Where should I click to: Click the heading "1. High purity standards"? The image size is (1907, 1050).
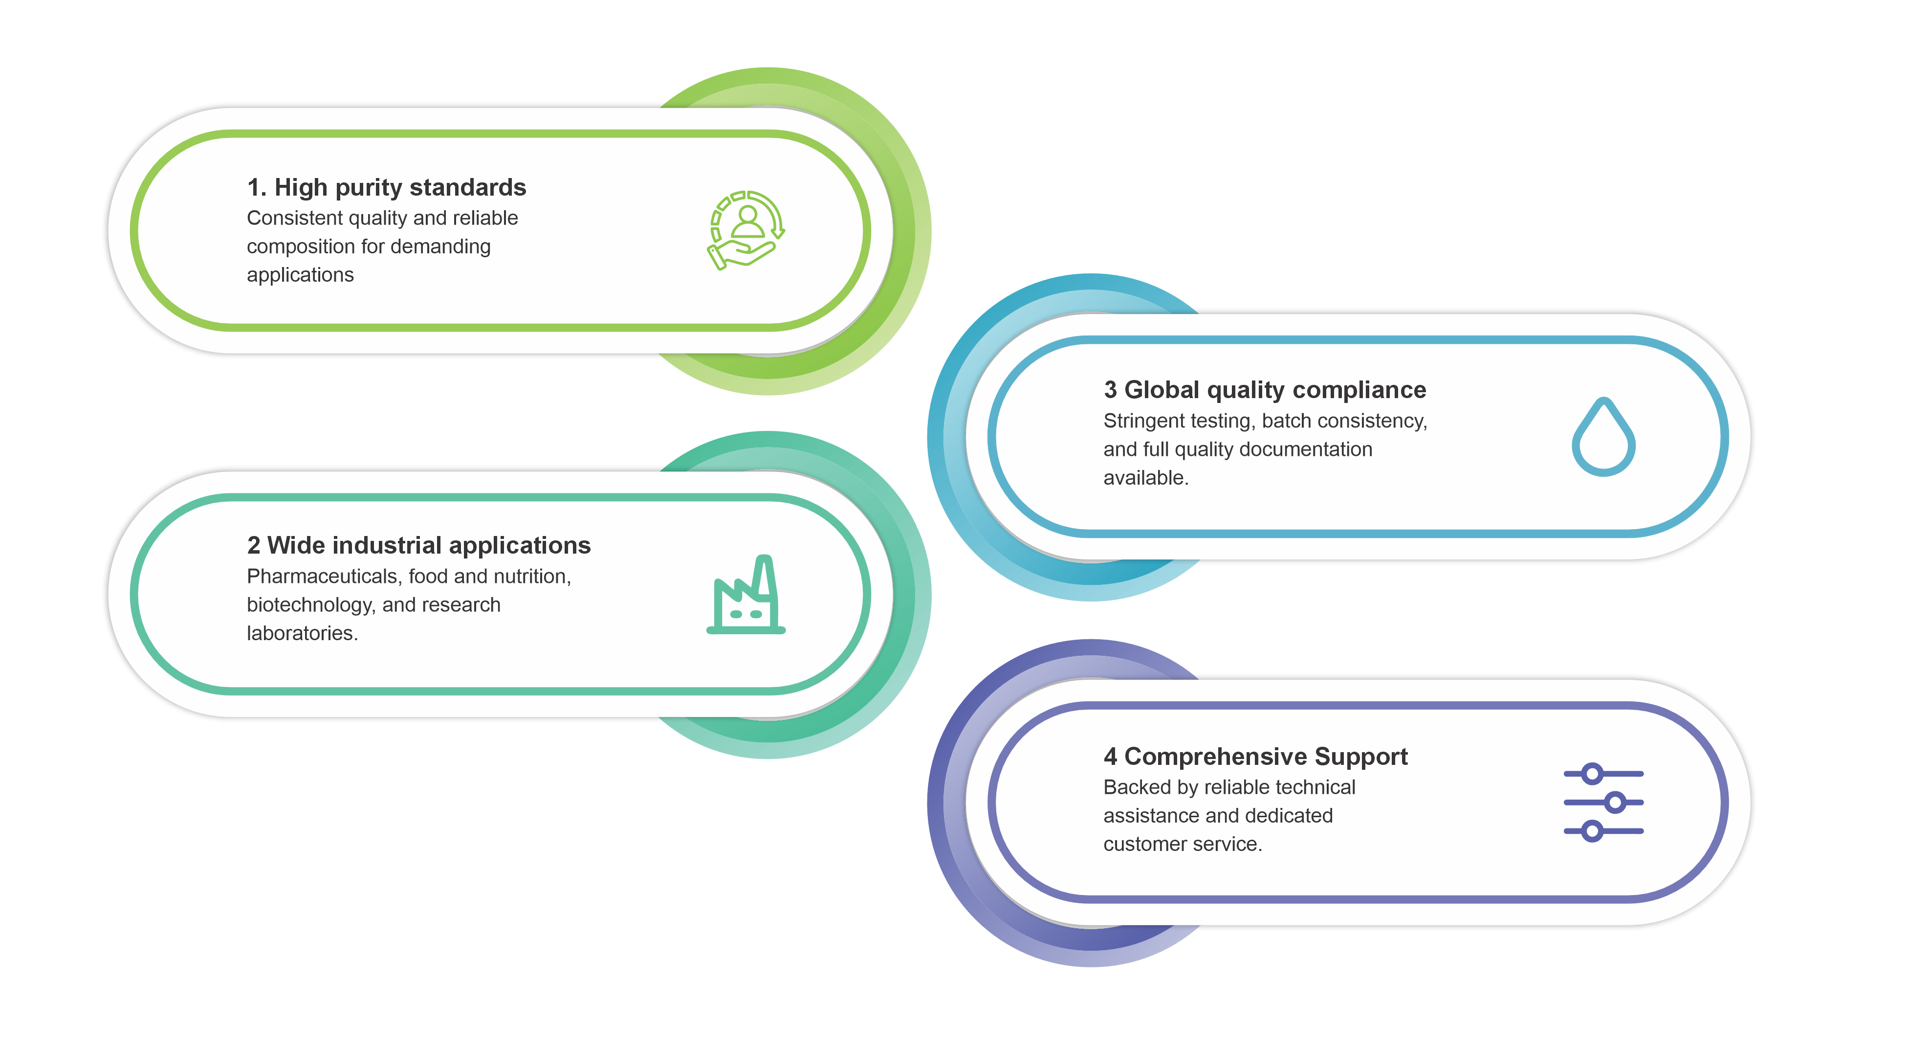tap(386, 187)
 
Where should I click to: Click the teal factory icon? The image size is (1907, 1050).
tap(746, 595)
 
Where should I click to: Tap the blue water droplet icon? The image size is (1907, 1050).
tap(1603, 436)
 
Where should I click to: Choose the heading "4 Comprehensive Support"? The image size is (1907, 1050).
tap(1255, 756)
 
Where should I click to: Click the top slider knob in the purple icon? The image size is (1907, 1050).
tap(1592, 774)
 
